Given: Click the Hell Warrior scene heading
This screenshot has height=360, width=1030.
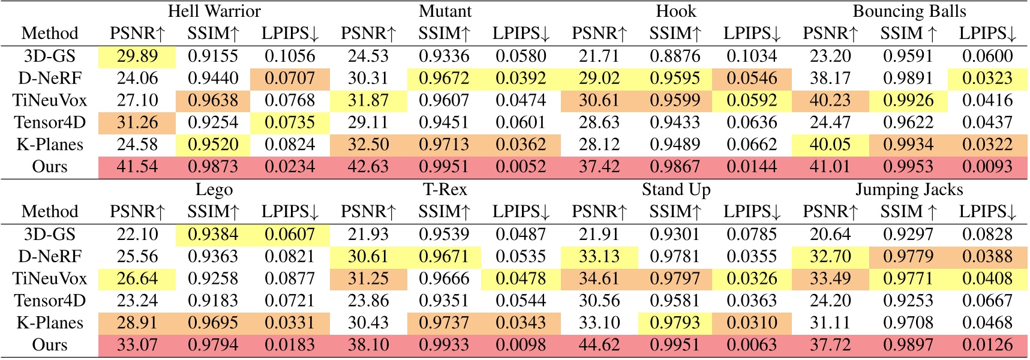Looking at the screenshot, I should point(214,11).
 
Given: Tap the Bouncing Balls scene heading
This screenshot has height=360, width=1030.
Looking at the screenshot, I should point(909,11).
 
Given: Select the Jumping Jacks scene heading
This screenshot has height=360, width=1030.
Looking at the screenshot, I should point(909,190).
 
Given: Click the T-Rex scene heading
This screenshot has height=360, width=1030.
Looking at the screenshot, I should point(445,190).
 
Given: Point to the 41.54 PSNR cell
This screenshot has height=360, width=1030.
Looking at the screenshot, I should point(137,167).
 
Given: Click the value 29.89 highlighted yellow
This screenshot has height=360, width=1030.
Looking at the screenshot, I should point(137,56).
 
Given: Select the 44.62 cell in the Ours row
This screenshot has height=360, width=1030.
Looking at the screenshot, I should point(599,345).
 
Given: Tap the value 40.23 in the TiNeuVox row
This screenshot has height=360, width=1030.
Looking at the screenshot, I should point(830,101).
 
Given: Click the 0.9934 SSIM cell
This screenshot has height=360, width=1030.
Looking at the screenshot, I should point(908,145).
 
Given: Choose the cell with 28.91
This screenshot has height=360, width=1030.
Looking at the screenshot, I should point(137,323).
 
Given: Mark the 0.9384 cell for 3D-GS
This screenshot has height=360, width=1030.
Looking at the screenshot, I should point(213,235).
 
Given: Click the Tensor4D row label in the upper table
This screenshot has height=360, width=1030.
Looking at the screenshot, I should point(50,123).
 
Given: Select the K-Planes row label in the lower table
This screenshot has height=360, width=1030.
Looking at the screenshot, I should point(50,323).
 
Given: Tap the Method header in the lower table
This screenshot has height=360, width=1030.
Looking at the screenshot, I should point(50,212).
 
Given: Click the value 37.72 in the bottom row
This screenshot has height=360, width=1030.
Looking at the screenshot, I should point(830,345).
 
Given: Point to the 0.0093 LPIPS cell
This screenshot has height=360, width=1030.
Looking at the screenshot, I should point(987,167).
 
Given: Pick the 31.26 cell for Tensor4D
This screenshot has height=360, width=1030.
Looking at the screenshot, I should point(137,123).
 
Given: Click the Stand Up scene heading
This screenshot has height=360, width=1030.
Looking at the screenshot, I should point(676,190).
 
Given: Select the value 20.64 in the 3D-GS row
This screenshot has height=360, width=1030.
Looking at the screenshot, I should point(830,235).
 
